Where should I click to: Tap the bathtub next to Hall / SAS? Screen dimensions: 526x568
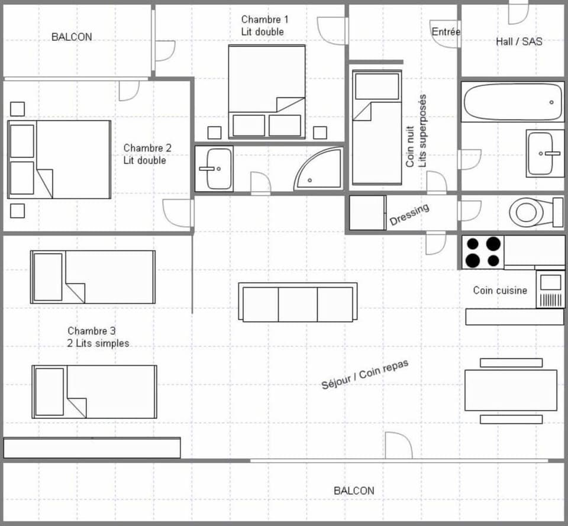[x=512, y=102]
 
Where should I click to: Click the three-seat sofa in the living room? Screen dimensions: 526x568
[x=298, y=302]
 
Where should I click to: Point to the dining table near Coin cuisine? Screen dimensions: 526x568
[x=511, y=390]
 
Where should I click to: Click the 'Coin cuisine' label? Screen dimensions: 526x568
[x=500, y=290]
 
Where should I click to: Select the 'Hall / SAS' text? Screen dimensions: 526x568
[x=518, y=41]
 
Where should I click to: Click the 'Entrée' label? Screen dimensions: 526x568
[x=446, y=32]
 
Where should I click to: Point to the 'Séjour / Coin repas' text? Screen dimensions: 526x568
[x=365, y=375]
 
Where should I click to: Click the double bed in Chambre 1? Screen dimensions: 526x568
[x=267, y=92]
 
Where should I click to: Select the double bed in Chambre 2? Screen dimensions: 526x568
[x=59, y=159]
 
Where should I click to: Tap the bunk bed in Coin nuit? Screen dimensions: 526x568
[x=377, y=127]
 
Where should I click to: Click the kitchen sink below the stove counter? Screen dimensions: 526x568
[x=550, y=289]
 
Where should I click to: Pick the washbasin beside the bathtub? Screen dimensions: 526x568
[x=544, y=153]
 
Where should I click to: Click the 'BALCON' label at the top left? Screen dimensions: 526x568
[x=72, y=37]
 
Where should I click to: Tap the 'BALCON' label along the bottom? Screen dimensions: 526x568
[x=354, y=490]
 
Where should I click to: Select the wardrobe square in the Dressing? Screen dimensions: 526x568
[x=367, y=212]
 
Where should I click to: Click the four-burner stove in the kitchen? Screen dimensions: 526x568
[x=482, y=252]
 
